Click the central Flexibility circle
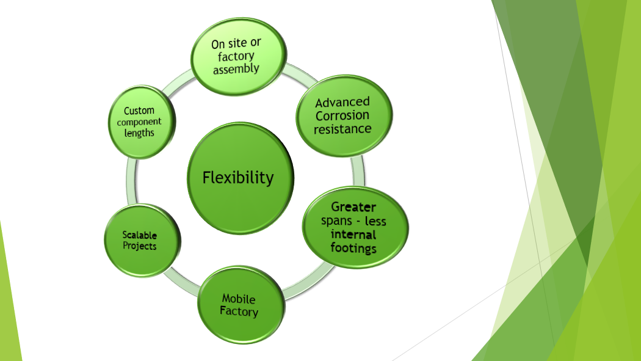pyautogui.click(x=241, y=178)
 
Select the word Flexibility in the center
pyautogui.click(x=238, y=178)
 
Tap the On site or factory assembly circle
pyautogui.click(x=238, y=56)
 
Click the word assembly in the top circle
pyautogui.click(x=236, y=68)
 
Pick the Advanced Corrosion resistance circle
pyautogui.click(x=344, y=115)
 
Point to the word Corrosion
pyautogui.click(x=342, y=115)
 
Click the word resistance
pyautogui.click(x=342, y=129)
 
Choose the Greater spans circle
pyautogui.click(x=355, y=228)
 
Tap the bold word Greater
pyautogui.click(x=353, y=207)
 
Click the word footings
pyautogui.click(x=353, y=248)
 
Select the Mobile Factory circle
pyautogui.click(x=241, y=305)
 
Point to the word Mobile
pyautogui.click(x=239, y=299)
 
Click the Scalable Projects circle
pyautogui.click(x=142, y=241)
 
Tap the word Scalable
pyautogui.click(x=140, y=235)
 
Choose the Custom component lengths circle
pyautogui.click(x=142, y=122)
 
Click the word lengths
pyautogui.click(x=139, y=133)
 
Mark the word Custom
pyautogui.click(x=139, y=111)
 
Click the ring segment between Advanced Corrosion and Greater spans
pyautogui.click(x=358, y=171)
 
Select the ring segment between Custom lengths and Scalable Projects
pyautogui.click(x=131, y=181)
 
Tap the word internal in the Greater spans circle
pyautogui.click(x=353, y=235)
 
